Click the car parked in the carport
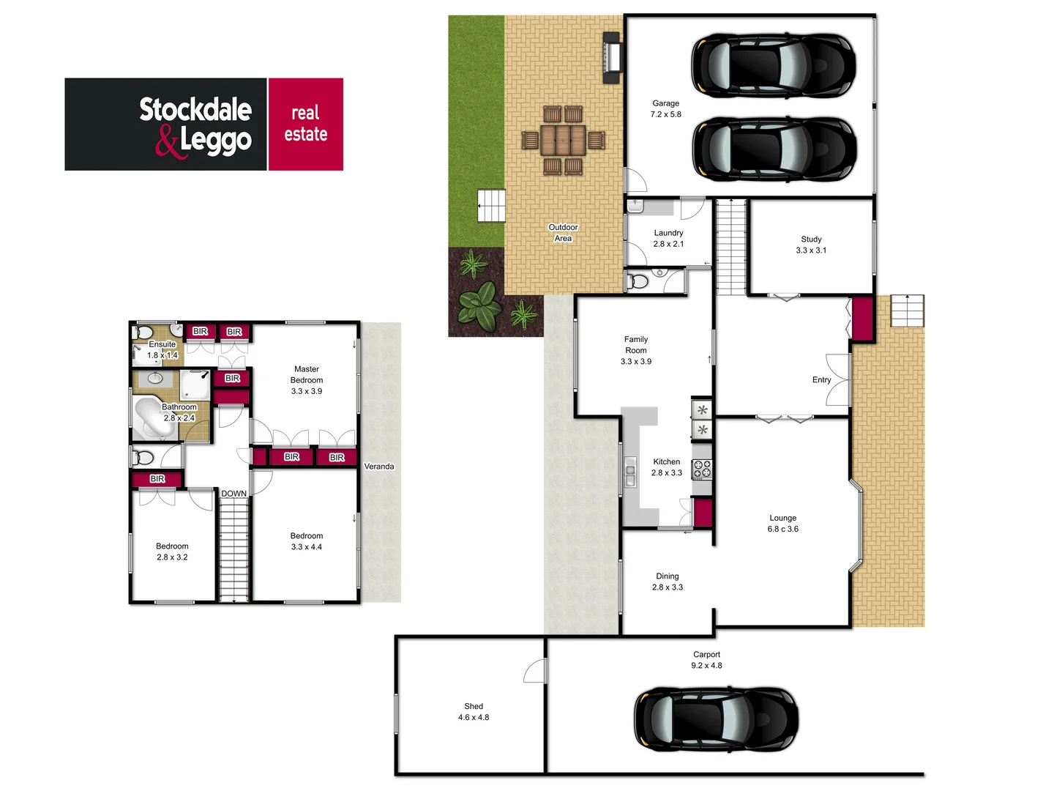point(715,719)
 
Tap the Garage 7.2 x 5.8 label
point(665,109)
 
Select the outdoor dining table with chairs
point(563,139)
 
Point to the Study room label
point(811,245)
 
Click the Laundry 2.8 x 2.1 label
point(668,238)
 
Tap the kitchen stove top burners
point(702,469)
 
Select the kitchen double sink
point(630,472)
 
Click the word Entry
point(821,380)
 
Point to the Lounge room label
point(782,523)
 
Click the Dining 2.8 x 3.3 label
point(667,582)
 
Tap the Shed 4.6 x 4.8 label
point(474,712)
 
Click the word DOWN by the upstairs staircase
point(233,494)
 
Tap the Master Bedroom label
point(306,380)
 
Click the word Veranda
point(379,467)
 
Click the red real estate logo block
point(305,125)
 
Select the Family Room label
point(635,350)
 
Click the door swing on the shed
point(536,670)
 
